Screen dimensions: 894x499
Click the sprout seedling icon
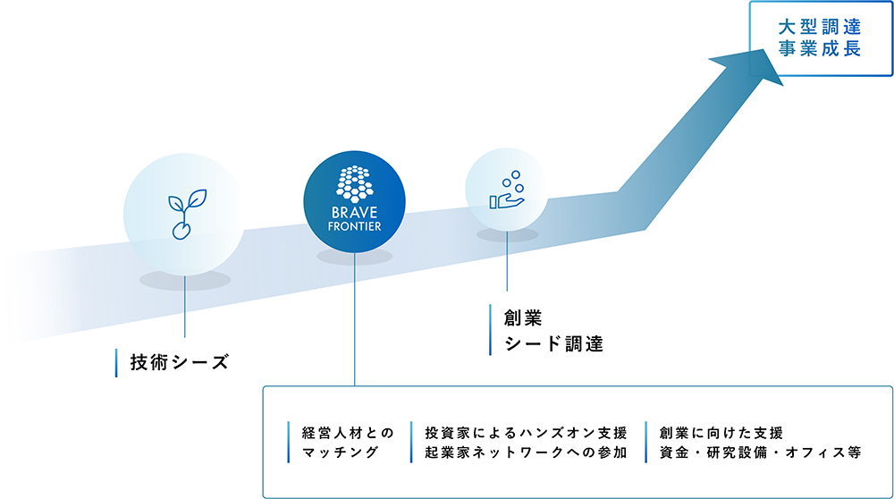click(187, 214)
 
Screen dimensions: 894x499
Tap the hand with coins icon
click(507, 190)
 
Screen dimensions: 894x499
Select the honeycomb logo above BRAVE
click(355, 184)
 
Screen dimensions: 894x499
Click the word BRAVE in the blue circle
click(355, 213)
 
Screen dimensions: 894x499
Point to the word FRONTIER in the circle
click(355, 226)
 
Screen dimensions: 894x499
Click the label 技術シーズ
click(180, 362)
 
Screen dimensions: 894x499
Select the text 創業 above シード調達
click(523, 318)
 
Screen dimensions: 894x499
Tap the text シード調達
click(553, 344)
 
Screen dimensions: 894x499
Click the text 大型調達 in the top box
click(820, 27)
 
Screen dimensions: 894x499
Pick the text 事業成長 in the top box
click(820, 48)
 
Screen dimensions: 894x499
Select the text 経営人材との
click(348, 434)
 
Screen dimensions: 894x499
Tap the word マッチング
click(341, 452)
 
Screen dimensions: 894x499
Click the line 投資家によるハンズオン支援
click(526, 434)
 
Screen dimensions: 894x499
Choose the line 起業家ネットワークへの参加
click(526, 452)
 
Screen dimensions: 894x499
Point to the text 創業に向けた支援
click(721, 434)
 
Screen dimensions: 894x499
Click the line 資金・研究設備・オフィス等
click(760, 452)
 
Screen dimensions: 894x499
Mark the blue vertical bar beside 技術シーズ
click(116, 363)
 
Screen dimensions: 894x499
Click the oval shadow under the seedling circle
click(185, 280)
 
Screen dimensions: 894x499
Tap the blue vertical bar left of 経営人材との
click(289, 443)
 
